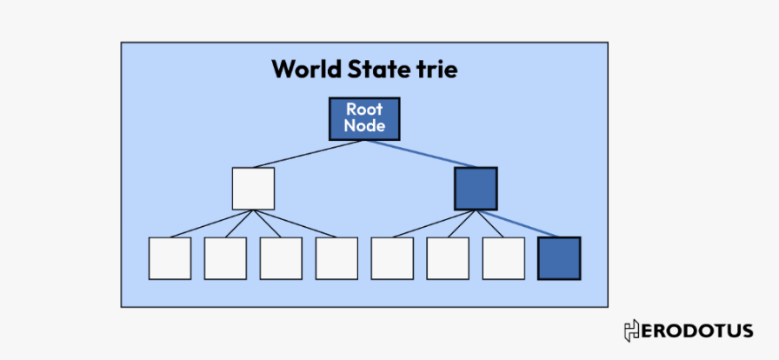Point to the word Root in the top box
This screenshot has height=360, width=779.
364,110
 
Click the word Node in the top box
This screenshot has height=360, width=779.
364,126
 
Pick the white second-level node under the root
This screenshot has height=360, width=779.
253,189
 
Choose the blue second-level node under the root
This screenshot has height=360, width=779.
476,189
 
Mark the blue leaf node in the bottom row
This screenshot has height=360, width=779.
559,258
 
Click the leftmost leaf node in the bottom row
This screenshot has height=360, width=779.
170,258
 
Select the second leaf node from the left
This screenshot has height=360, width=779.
225,258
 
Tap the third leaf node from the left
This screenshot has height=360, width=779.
281,258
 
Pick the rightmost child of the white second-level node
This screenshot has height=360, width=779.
336,258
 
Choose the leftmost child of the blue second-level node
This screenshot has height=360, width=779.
392,258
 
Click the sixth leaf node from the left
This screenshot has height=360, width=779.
448,258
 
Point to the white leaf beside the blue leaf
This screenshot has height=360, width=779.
503,258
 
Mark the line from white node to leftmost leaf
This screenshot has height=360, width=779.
209,223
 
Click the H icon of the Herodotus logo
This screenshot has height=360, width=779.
632,330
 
